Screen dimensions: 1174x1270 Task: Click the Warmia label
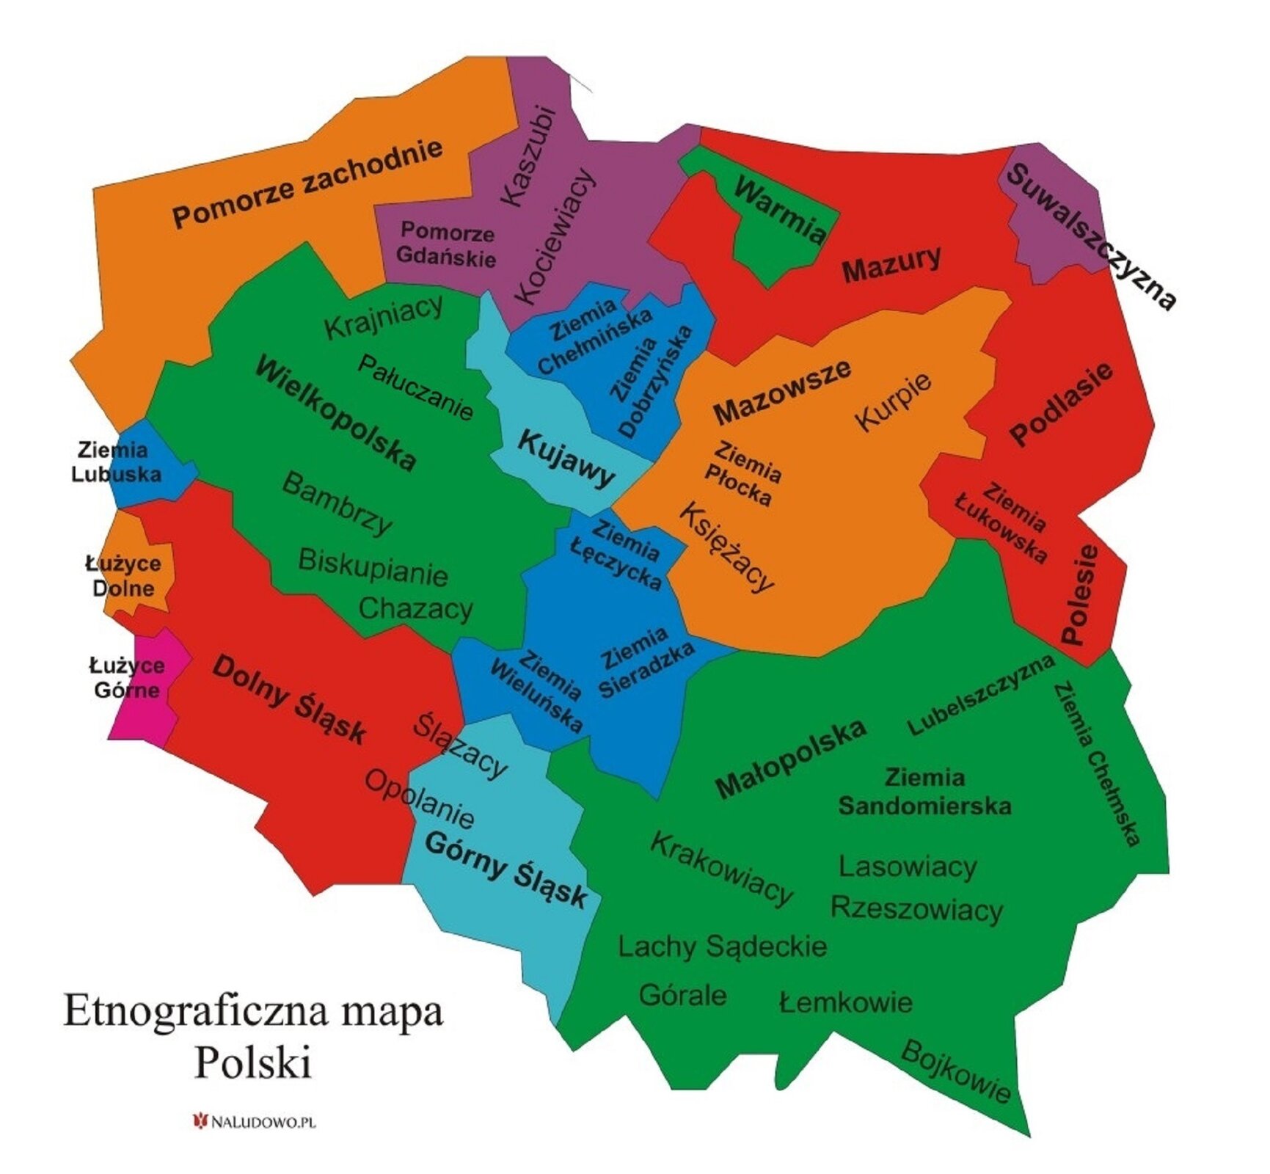780,211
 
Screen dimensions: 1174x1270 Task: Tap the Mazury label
891,264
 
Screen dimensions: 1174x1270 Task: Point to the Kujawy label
566,459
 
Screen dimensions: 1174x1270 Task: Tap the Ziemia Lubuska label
115,462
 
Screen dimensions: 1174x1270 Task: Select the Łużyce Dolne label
123,576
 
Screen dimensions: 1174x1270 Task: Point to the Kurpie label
894,401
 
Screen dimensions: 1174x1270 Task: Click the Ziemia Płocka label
742,474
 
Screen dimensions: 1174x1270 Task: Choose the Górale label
682,995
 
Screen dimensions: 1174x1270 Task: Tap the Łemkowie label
845,1002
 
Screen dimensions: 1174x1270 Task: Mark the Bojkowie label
955,1071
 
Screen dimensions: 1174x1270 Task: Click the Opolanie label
420,798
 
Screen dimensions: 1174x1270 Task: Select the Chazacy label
415,608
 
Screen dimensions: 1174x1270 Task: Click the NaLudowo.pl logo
254,1121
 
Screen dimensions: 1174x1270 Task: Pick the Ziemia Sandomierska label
924,792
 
